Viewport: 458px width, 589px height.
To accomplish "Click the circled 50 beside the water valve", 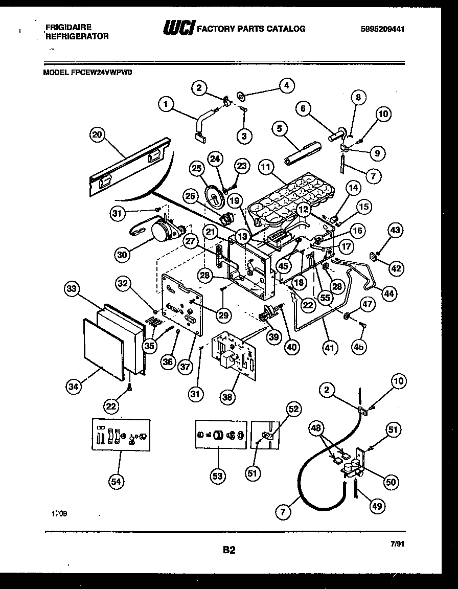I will (x=391, y=481).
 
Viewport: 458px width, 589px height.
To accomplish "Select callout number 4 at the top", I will (x=286, y=86).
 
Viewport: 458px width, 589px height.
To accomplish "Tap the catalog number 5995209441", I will (x=382, y=29).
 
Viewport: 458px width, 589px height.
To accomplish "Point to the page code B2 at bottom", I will (x=229, y=550).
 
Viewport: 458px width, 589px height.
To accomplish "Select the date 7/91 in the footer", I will (x=397, y=546).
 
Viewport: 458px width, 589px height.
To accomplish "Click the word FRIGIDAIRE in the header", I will (x=68, y=26).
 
